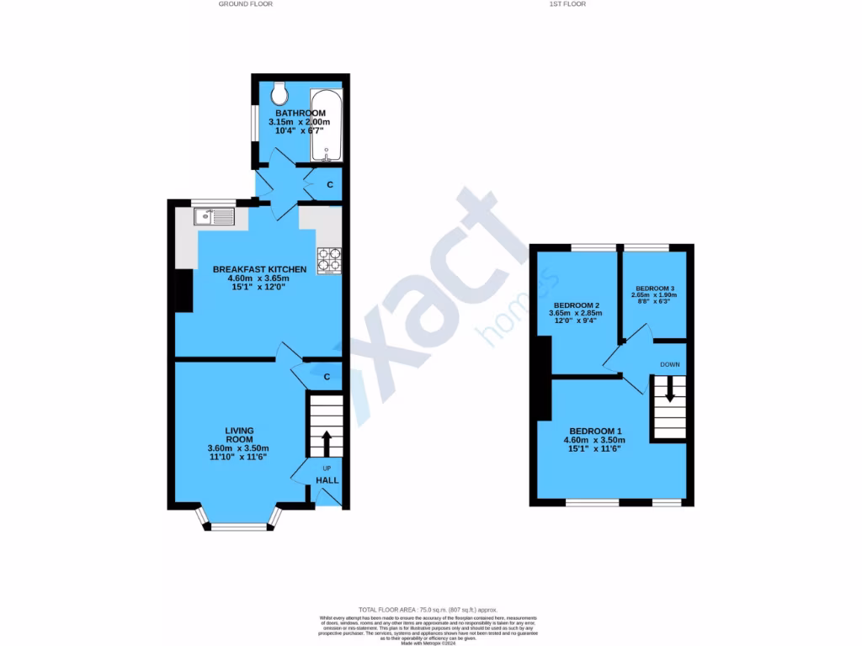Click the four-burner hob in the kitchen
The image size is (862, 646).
328,260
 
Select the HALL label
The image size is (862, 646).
327,480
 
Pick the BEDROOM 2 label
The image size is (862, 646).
577,305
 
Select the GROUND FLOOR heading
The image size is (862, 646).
245,4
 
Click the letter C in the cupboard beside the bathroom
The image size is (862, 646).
330,184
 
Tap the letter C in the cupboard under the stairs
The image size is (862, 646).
326,376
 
